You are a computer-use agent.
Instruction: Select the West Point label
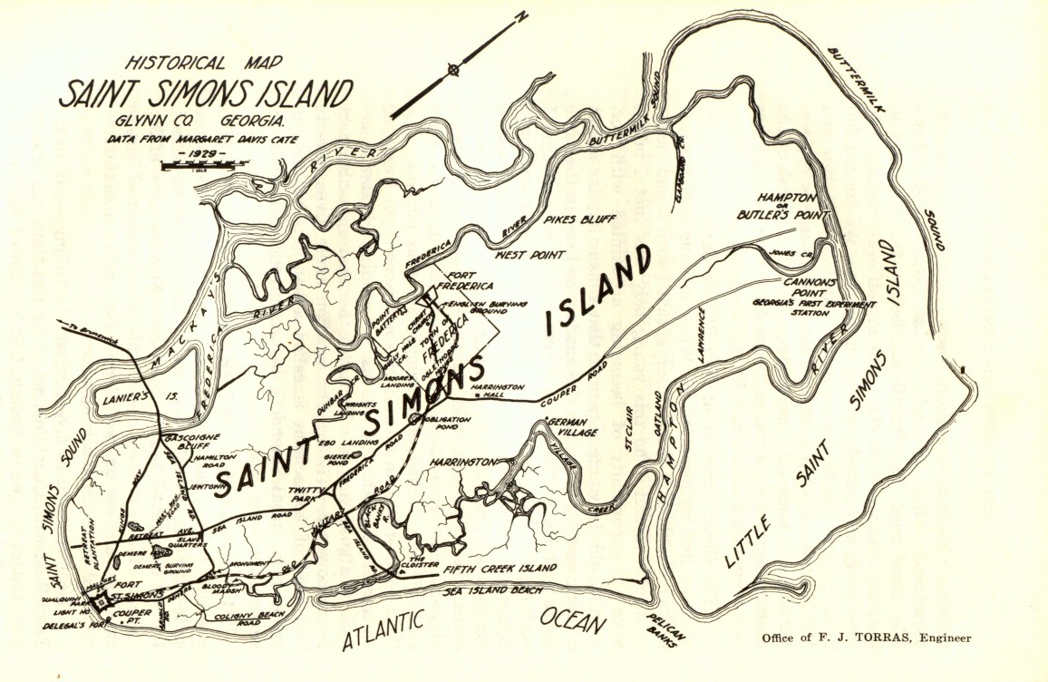pos(530,256)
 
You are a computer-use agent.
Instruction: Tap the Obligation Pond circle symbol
pos(414,418)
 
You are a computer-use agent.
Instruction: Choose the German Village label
pos(567,427)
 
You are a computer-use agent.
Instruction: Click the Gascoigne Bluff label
pos(192,443)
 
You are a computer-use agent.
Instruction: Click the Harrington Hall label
pos(498,392)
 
